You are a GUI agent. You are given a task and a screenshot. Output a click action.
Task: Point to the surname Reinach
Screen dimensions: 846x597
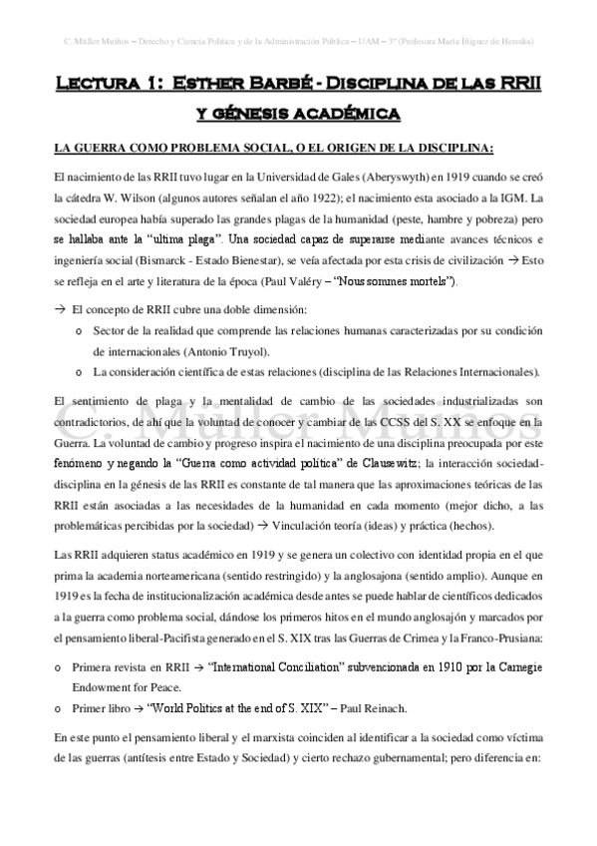click(x=357, y=709)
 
